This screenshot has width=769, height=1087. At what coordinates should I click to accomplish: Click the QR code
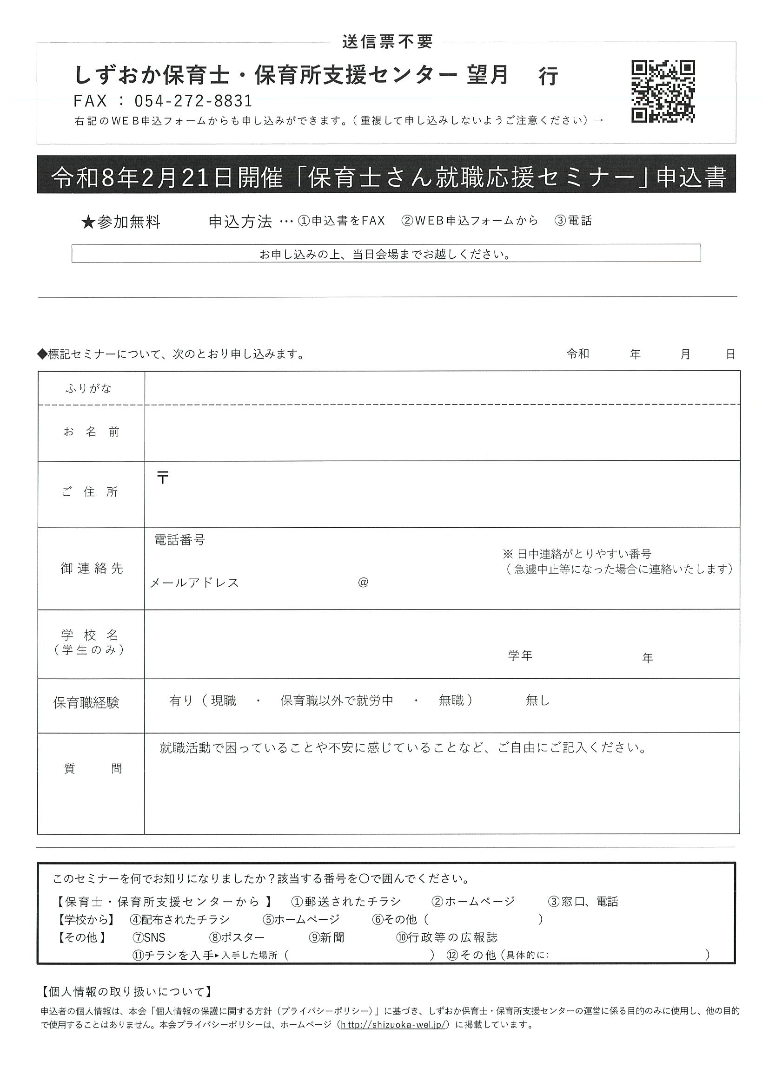(x=663, y=92)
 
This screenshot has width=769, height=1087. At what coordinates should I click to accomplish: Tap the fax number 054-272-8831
(x=193, y=101)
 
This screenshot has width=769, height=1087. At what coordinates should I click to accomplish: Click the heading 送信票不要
(x=387, y=42)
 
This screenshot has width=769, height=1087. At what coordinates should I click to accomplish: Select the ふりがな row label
(x=89, y=389)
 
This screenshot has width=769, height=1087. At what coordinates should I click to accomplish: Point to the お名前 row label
(x=92, y=432)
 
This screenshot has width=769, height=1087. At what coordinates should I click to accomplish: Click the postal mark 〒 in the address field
(x=163, y=478)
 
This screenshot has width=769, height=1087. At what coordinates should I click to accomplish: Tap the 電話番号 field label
(x=179, y=540)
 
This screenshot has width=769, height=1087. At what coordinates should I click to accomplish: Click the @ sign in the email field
(x=364, y=583)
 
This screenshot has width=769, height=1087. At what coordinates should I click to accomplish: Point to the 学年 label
(x=520, y=656)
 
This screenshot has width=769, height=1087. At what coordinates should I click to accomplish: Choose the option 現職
(x=223, y=701)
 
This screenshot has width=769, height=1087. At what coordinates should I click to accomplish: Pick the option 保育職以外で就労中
(x=337, y=701)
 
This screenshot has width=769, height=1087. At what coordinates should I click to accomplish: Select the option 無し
(x=538, y=701)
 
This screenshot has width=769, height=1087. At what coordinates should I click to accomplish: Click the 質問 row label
(x=93, y=768)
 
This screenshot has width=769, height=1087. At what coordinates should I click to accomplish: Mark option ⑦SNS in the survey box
(x=149, y=937)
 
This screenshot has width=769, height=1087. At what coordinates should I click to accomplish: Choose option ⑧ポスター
(x=237, y=937)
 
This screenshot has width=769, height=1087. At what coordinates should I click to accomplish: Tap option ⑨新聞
(x=327, y=937)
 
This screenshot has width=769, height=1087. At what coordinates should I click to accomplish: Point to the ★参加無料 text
(x=121, y=222)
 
